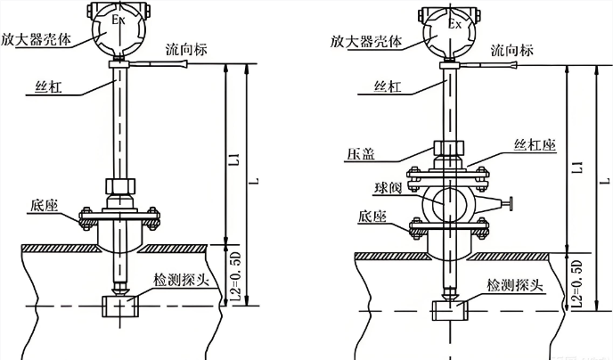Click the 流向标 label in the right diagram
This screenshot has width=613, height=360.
(515, 50)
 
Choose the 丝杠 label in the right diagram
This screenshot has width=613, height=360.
(384, 87)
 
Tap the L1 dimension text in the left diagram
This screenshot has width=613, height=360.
(234, 160)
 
